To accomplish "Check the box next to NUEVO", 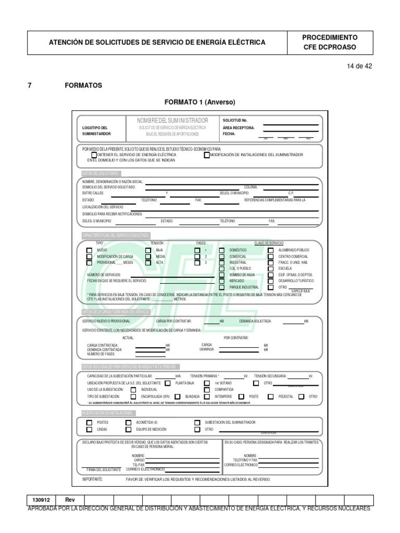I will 90,250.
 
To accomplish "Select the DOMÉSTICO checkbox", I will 222,250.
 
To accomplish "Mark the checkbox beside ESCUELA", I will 271,269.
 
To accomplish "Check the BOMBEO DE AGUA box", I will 222,275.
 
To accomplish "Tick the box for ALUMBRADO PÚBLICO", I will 271,250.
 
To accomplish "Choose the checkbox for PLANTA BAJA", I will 168,383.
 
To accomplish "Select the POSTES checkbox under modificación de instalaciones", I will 90,423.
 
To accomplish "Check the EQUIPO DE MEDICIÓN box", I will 129,429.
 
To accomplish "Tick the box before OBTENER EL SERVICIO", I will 94,155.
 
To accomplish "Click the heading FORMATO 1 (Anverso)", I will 200,102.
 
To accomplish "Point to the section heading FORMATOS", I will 83,85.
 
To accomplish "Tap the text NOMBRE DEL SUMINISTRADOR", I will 172,120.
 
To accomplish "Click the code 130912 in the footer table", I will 41,500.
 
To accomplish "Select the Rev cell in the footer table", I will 70,500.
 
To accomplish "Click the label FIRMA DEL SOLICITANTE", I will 104,469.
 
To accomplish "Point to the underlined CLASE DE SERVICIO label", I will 269,243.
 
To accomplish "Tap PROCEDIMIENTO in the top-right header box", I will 330,38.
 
